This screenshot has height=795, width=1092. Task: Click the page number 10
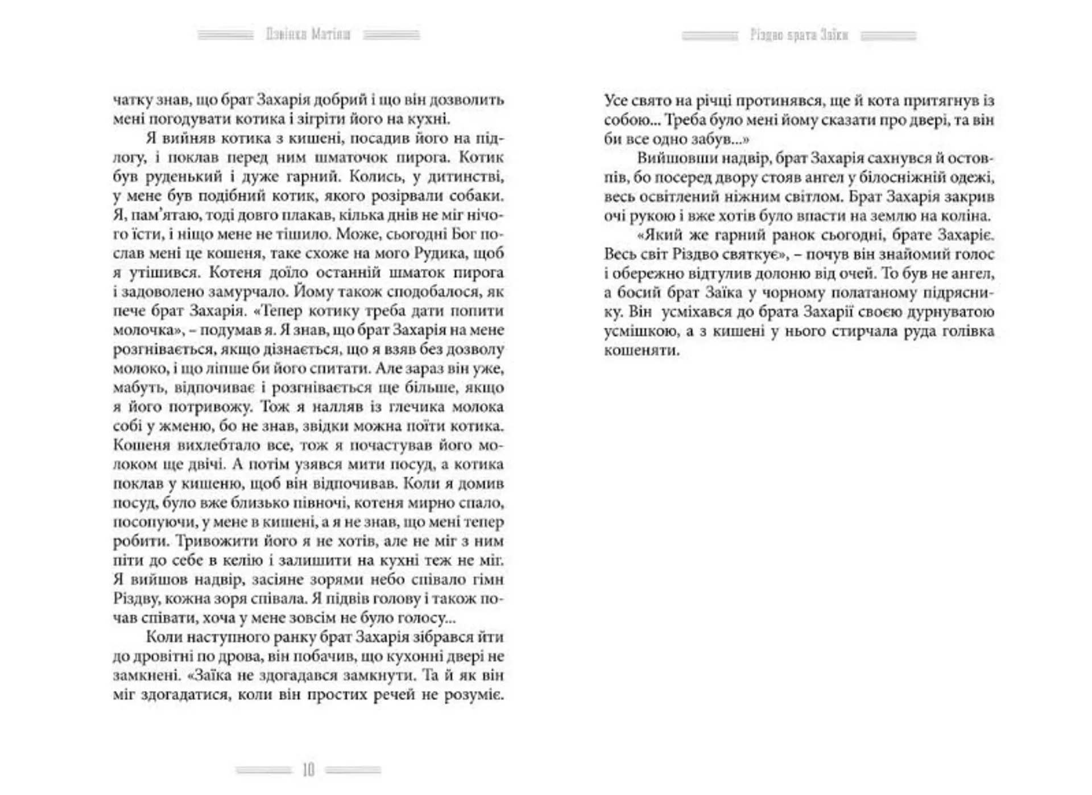(x=308, y=770)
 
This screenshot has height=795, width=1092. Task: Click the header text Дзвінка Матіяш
(x=308, y=35)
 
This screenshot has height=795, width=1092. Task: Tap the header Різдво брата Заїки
(x=799, y=35)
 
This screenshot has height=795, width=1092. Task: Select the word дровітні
(x=162, y=656)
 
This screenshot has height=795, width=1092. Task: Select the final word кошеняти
(x=642, y=350)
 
